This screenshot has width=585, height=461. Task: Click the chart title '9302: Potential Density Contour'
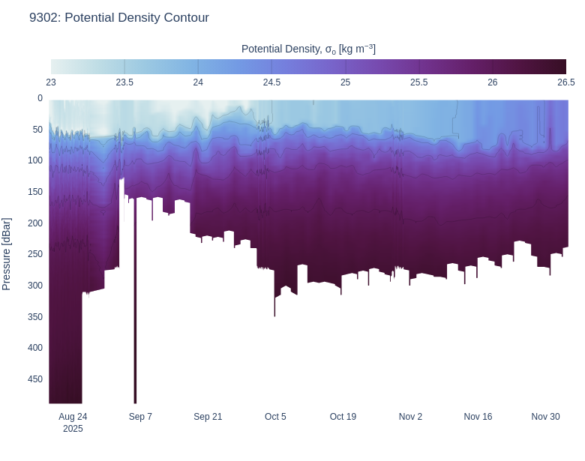coord(119,17)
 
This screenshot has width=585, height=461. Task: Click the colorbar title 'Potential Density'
coord(308,49)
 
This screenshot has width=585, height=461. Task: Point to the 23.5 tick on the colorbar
coord(124,82)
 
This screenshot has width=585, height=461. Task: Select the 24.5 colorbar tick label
coord(271,82)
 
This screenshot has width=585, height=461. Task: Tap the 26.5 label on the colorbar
coord(565,82)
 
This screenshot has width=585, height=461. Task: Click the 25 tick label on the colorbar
coord(345,82)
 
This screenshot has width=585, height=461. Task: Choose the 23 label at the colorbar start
coord(51,82)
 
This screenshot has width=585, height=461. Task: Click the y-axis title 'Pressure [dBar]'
coord(7,254)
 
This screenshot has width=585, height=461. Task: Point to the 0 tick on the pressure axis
coord(40,98)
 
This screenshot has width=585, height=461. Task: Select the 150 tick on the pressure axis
coord(35,192)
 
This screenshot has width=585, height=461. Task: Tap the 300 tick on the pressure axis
coord(35,286)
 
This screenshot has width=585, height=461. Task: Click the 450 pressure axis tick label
coord(35,379)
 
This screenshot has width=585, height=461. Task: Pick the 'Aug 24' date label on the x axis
coord(73,417)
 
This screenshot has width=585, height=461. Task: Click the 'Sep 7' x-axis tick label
coord(140,417)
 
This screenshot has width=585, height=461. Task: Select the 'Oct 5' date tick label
coord(275,417)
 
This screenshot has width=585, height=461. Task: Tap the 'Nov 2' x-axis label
coord(410,417)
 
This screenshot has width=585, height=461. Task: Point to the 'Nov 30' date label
coord(545,417)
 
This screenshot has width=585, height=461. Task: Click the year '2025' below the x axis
coord(73,429)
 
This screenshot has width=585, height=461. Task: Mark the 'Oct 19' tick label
coord(343,417)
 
